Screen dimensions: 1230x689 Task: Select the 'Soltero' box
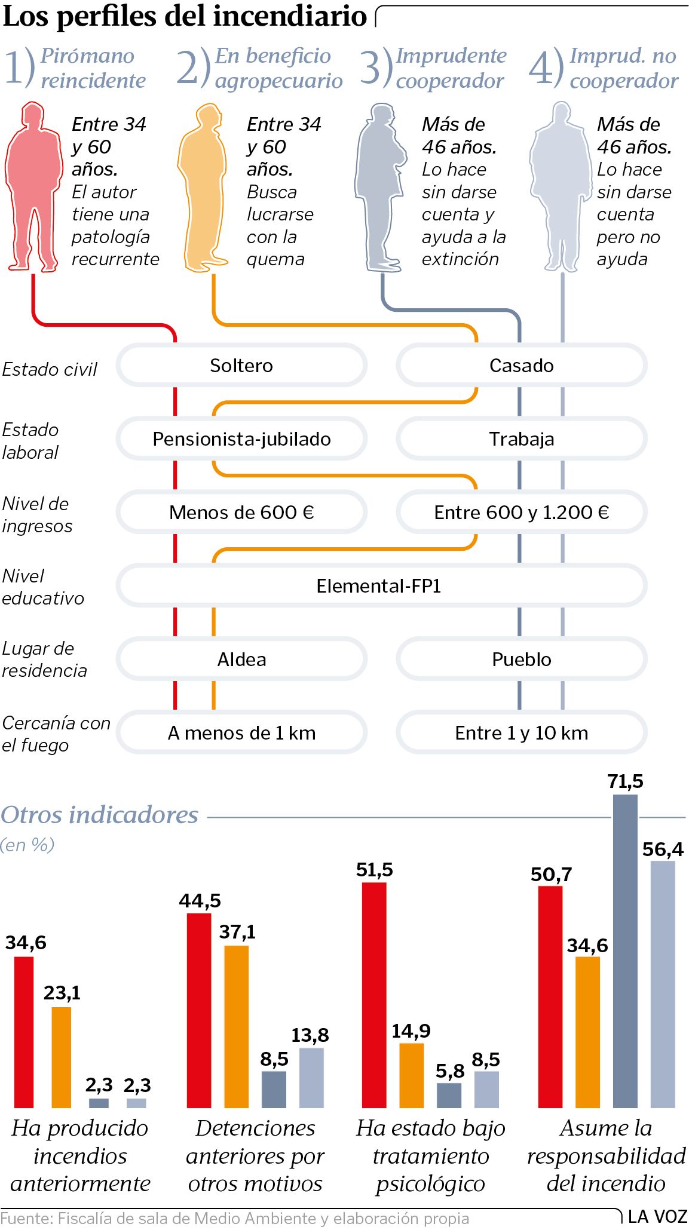click(x=241, y=365)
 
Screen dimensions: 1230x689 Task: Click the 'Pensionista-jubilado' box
click(x=241, y=438)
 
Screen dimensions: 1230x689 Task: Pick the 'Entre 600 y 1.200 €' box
click(x=521, y=512)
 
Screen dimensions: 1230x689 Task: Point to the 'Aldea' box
click(x=241, y=659)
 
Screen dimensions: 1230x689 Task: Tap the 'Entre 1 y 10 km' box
click(x=521, y=732)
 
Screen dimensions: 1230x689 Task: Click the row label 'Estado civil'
click(x=50, y=369)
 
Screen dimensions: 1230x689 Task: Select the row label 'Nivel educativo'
click(x=43, y=587)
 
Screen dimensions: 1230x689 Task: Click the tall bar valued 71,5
click(x=625, y=950)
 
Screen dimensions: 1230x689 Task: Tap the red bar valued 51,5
click(x=374, y=995)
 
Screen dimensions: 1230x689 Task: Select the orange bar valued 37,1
click(x=237, y=1026)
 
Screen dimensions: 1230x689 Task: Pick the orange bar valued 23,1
click(x=62, y=1057)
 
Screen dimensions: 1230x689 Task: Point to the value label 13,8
click(x=310, y=1035)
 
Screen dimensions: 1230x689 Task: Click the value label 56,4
click(x=663, y=849)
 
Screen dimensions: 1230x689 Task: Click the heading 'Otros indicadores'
click(x=100, y=814)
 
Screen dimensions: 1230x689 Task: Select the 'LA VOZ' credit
click(x=657, y=1216)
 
